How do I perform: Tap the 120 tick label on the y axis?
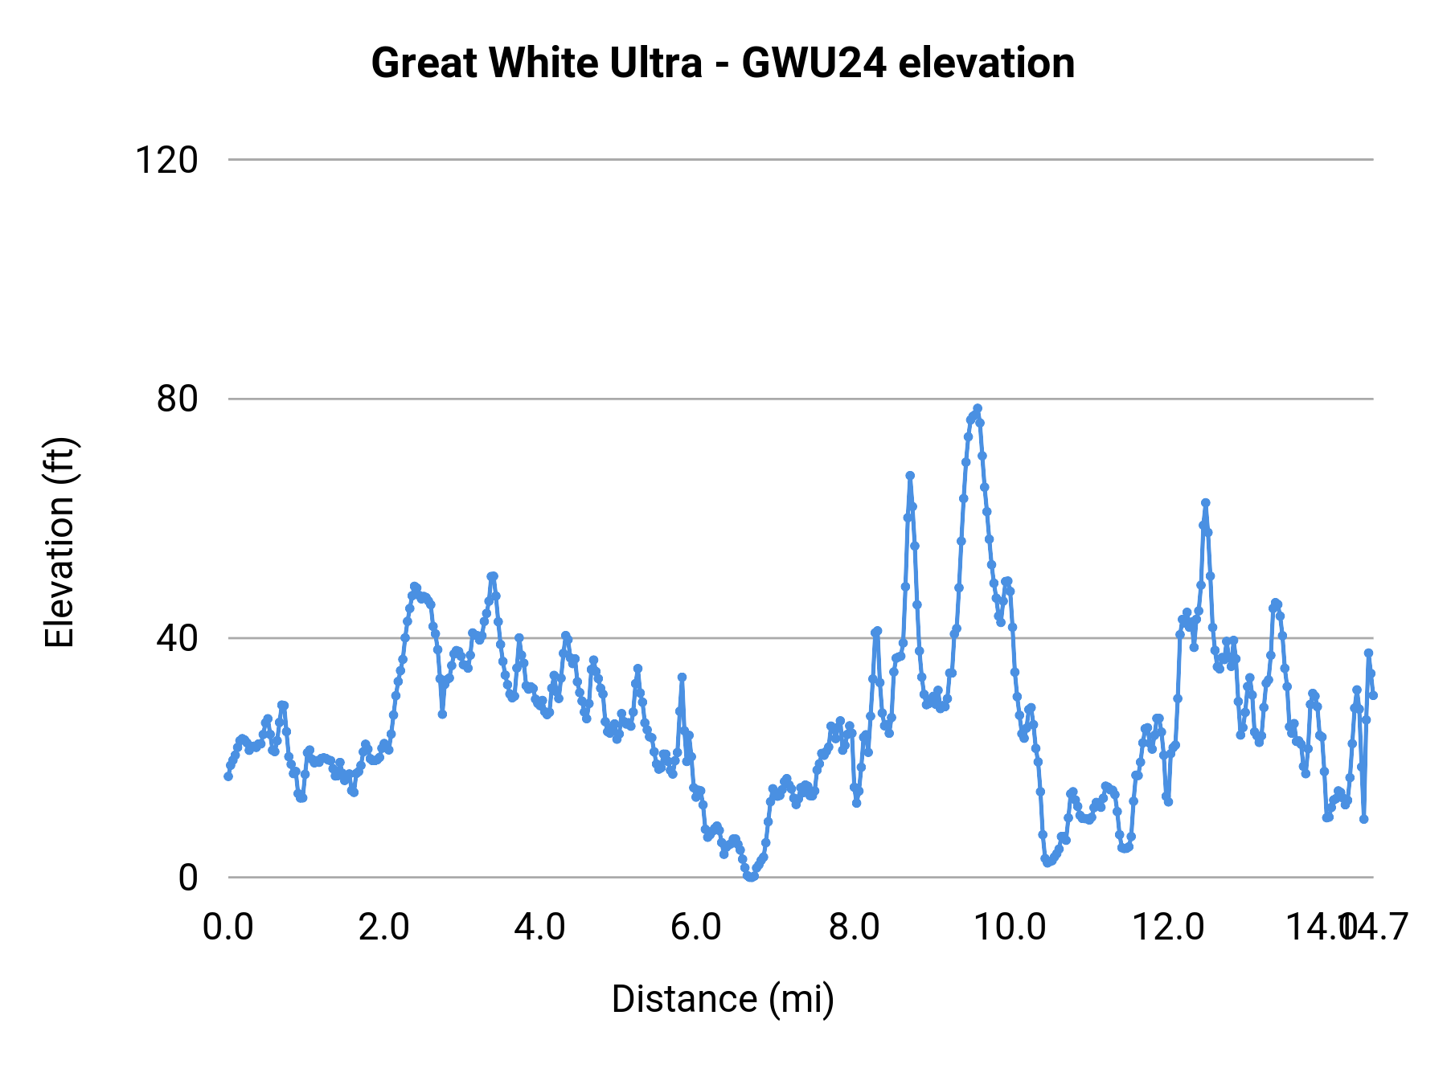166,160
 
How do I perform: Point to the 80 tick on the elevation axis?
177,399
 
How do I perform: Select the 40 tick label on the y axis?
177,638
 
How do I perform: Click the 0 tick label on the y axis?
187,878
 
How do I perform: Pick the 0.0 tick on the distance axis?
228,927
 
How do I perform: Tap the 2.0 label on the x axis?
384,927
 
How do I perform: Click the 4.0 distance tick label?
540,927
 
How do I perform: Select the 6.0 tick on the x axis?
696,927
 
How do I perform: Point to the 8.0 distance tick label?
854,927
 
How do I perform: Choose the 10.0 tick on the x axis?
1010,927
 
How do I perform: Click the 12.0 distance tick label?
1167,927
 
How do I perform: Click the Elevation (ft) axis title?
59,542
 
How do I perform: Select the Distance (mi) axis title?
723,999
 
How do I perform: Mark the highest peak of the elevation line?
978,408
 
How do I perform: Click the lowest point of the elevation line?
751,877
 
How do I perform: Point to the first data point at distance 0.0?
228,776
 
